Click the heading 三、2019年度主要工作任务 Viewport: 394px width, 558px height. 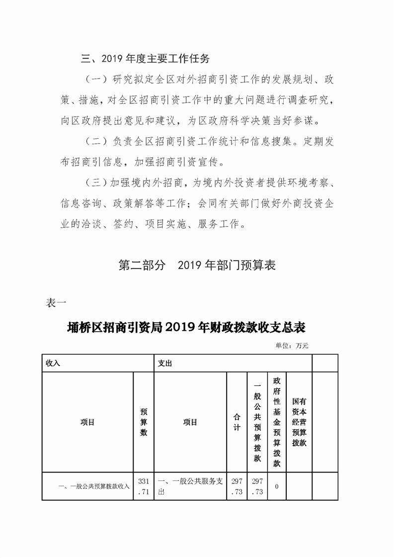click(146, 59)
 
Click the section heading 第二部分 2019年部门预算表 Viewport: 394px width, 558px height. click(197, 265)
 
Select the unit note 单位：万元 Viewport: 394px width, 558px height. click(292, 346)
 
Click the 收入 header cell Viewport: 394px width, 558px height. click(53, 363)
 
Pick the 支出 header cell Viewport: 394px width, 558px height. click(165, 363)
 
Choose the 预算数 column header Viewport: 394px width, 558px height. click(144, 422)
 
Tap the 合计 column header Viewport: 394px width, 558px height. click(237, 422)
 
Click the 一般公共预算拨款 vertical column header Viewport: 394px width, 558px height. click(257, 422)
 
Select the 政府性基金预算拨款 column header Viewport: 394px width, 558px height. click(277, 422)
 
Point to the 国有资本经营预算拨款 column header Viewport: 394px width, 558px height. click(299, 422)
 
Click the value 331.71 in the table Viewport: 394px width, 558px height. click(144, 486)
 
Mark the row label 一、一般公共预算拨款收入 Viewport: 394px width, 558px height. click(94, 486)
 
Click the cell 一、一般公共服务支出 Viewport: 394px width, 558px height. click(190, 486)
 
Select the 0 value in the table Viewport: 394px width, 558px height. click(277, 486)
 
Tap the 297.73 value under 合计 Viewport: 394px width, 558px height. click(237, 486)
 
